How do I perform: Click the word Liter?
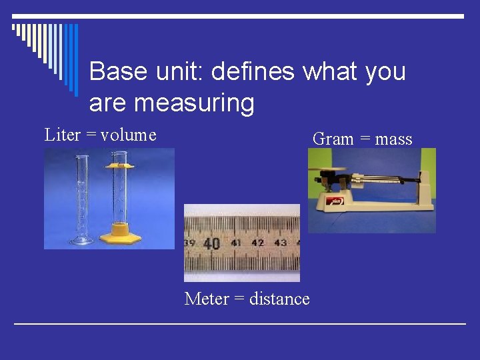tap(62, 135)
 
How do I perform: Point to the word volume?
tap(129, 135)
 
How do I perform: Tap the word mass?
tap(393, 139)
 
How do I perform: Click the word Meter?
tap(207, 299)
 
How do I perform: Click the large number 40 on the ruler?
tap(213, 243)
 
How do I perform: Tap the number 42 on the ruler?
tap(258, 243)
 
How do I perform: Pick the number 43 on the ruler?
tap(280, 243)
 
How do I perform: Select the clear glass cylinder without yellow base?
tap(82, 200)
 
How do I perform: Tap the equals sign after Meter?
tap(238, 299)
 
